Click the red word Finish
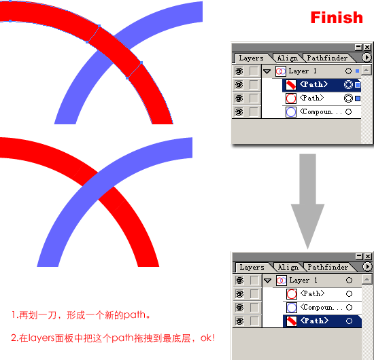click(337, 18)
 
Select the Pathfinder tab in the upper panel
click(327, 58)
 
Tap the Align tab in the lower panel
click(288, 268)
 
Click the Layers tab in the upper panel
click(251, 58)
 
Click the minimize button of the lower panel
click(359, 256)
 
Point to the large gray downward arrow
click(307, 201)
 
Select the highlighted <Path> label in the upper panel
click(313, 84)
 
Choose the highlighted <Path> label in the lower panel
click(314, 321)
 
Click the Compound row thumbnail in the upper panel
click(291, 112)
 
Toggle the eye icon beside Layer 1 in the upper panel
click(239, 71)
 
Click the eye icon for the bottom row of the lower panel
click(239, 321)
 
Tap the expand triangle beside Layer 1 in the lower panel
click(268, 281)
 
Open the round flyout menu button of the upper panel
click(367, 58)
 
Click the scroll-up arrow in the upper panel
click(366, 70)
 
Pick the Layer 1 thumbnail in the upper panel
click(281, 71)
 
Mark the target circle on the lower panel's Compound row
click(349, 307)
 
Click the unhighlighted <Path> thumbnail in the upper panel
click(291, 98)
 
